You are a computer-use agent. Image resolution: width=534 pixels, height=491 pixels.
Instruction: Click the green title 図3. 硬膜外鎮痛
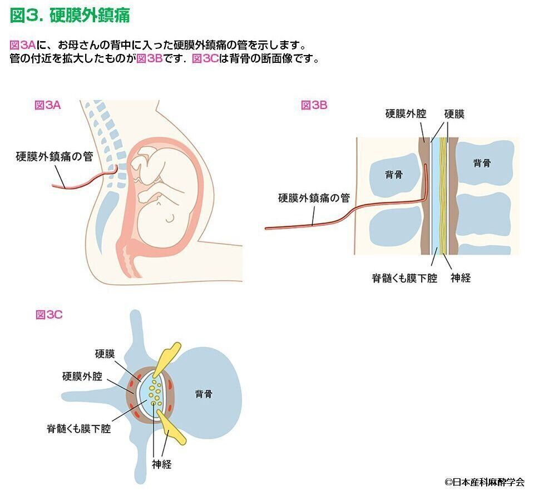click(x=70, y=16)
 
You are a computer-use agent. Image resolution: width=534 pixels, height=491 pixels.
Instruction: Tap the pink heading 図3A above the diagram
click(x=48, y=105)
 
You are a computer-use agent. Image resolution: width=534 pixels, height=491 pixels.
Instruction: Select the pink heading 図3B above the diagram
click(x=314, y=105)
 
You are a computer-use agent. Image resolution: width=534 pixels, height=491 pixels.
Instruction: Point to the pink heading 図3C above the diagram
click(x=49, y=315)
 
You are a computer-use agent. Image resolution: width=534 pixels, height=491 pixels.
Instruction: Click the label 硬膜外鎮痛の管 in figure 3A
click(x=55, y=157)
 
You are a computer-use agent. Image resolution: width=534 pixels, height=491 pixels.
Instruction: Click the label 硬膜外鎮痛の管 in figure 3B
click(x=314, y=198)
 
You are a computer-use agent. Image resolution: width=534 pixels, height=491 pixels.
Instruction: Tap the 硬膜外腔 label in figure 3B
click(x=406, y=114)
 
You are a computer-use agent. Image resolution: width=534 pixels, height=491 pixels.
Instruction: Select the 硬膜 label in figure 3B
click(x=454, y=114)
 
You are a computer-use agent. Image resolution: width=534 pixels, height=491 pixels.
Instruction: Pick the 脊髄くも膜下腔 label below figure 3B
click(x=404, y=278)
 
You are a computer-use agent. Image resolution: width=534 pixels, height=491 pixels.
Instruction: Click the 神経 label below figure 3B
click(x=461, y=278)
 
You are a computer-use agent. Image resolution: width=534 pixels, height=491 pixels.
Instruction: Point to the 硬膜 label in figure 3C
click(x=105, y=354)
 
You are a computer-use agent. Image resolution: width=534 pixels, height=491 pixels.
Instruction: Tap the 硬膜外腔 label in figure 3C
click(x=82, y=376)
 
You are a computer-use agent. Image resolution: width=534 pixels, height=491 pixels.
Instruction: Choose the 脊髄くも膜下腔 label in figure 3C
click(x=78, y=428)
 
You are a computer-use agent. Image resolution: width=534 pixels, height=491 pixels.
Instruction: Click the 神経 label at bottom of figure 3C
click(x=162, y=464)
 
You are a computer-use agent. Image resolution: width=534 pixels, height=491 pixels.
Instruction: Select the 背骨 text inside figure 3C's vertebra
click(x=204, y=394)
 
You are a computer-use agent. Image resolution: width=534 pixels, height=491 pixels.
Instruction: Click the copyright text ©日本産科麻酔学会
click(x=484, y=482)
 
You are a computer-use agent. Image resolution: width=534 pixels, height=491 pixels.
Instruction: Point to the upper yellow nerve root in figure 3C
click(x=166, y=359)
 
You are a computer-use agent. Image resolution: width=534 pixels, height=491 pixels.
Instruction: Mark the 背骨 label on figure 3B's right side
click(x=482, y=163)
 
